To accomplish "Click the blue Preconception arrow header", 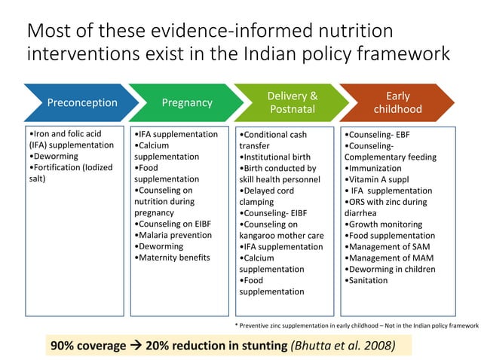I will click(x=81, y=102).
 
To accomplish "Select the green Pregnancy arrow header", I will click(x=187, y=102).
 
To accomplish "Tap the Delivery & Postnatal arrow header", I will click(x=292, y=102).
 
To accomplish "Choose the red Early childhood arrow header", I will click(x=397, y=102).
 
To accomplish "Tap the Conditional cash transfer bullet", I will click(x=273, y=140).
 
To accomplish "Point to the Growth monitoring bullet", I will click(x=384, y=224).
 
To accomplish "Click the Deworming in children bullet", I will click(x=391, y=269).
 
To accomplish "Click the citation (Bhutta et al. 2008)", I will click(x=344, y=345).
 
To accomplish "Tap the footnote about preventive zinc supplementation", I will click(x=357, y=325).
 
